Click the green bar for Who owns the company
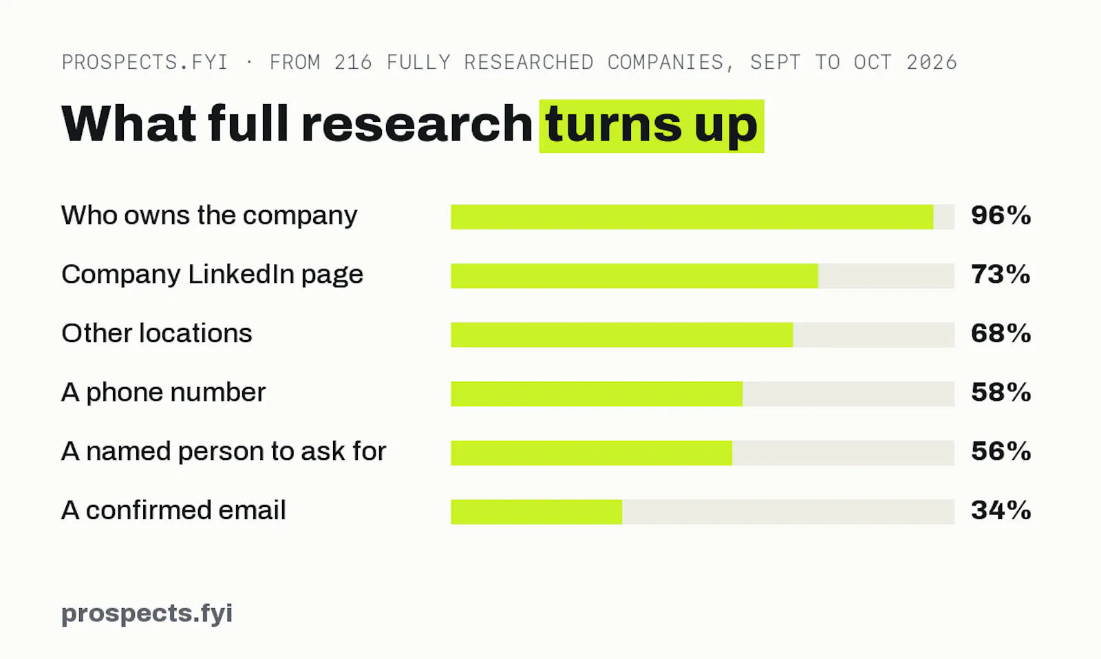[x=692, y=217]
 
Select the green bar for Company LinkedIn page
[x=634, y=276]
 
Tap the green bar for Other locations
[x=622, y=335]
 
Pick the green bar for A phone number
[x=597, y=394]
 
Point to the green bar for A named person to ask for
[x=591, y=453]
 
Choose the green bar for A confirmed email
[x=536, y=512]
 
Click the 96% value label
[x=1001, y=216]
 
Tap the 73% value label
[x=1001, y=275]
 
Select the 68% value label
[x=1001, y=333]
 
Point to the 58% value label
[x=1001, y=393]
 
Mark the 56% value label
[x=1001, y=452]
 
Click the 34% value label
[x=1001, y=510]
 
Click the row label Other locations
[x=157, y=333]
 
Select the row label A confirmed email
[x=173, y=510]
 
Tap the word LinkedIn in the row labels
[x=241, y=275]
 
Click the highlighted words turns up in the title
[x=651, y=126]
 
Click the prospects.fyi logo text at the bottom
[x=147, y=614]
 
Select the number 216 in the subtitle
[x=353, y=63]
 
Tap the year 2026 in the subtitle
[x=932, y=63]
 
